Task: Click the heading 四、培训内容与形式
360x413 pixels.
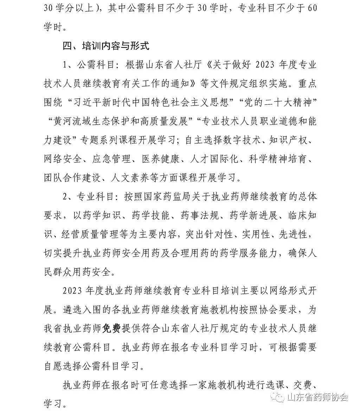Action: tap(106, 46)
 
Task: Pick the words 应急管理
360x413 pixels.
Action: tap(111, 159)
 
